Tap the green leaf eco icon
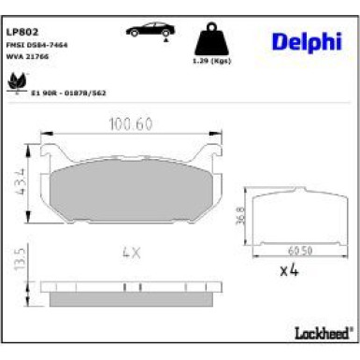tap(16, 86)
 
